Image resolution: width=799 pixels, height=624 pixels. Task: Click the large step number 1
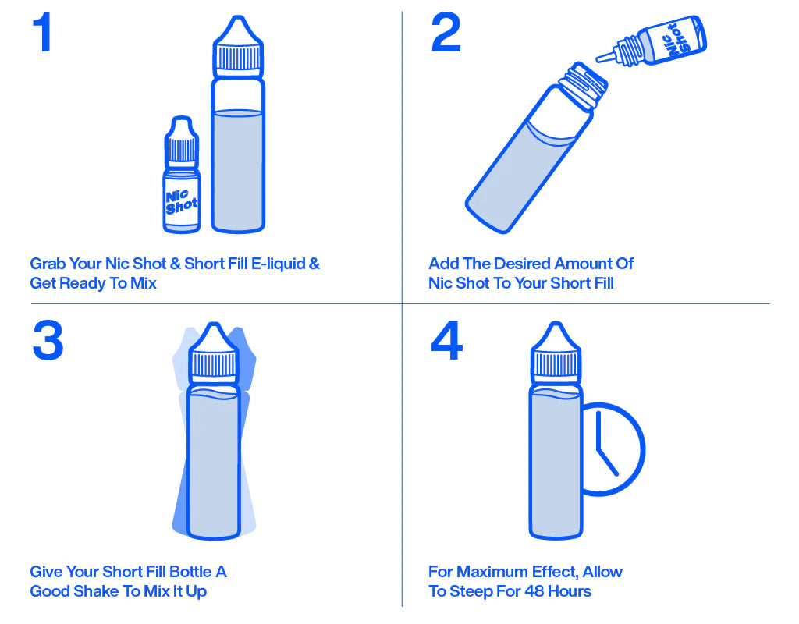pos(43,33)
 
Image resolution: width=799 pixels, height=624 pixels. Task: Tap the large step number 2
pos(446,33)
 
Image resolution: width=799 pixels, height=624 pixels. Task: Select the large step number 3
pos(48,340)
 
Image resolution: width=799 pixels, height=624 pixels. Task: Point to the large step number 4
pos(446,340)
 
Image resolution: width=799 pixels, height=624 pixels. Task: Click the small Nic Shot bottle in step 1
pos(181,175)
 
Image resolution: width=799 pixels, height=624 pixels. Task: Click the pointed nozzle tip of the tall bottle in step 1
pos(237,19)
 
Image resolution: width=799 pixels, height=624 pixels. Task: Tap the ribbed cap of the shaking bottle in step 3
pos(214,365)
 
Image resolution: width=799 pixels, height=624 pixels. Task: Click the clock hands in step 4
pos(605,443)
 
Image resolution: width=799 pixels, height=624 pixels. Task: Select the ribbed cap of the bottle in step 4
pos(556,365)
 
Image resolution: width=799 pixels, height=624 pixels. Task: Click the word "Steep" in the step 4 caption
pos(472,592)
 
